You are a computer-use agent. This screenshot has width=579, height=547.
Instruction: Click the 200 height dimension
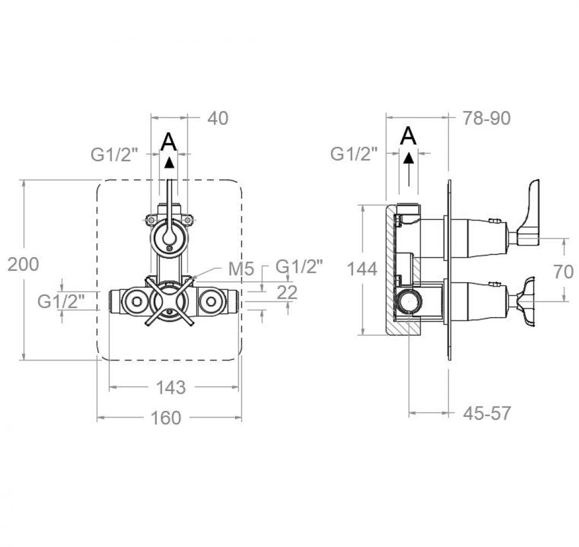(x=24, y=265)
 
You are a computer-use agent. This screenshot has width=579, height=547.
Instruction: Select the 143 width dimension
(x=171, y=387)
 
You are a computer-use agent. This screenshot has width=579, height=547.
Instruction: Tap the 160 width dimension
(x=166, y=418)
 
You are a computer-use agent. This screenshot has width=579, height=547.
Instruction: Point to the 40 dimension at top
(x=218, y=118)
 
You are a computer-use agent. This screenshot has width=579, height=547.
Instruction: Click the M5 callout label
(x=241, y=269)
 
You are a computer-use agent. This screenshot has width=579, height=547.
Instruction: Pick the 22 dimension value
(x=287, y=293)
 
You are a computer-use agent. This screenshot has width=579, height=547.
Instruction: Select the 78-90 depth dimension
(x=487, y=118)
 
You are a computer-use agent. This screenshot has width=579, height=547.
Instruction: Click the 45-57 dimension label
(x=487, y=414)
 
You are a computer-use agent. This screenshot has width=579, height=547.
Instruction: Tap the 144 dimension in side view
(x=362, y=269)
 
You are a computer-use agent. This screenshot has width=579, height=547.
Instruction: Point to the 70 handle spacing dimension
(x=564, y=272)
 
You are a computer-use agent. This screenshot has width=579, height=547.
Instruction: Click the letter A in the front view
(x=169, y=142)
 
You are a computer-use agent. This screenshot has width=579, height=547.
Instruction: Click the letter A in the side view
(x=408, y=136)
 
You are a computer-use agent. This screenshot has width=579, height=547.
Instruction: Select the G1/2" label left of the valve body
(x=61, y=301)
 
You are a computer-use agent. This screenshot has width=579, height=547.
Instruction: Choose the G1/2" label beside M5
(x=300, y=266)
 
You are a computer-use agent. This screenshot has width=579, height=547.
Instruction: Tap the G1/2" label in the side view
(x=354, y=154)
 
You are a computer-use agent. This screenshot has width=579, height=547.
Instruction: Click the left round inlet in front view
(x=137, y=302)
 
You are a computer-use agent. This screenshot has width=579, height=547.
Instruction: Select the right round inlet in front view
(x=211, y=302)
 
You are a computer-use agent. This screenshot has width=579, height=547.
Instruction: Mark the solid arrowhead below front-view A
(x=169, y=163)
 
